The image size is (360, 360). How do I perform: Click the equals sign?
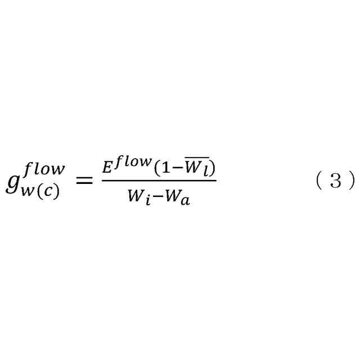83,181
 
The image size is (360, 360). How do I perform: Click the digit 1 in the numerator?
161,169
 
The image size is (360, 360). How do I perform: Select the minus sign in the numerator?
174,169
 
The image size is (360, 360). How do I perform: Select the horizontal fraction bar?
159,181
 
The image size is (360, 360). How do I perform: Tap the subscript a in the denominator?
186,201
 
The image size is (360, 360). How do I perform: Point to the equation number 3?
335,181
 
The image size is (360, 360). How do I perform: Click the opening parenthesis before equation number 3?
318,181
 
